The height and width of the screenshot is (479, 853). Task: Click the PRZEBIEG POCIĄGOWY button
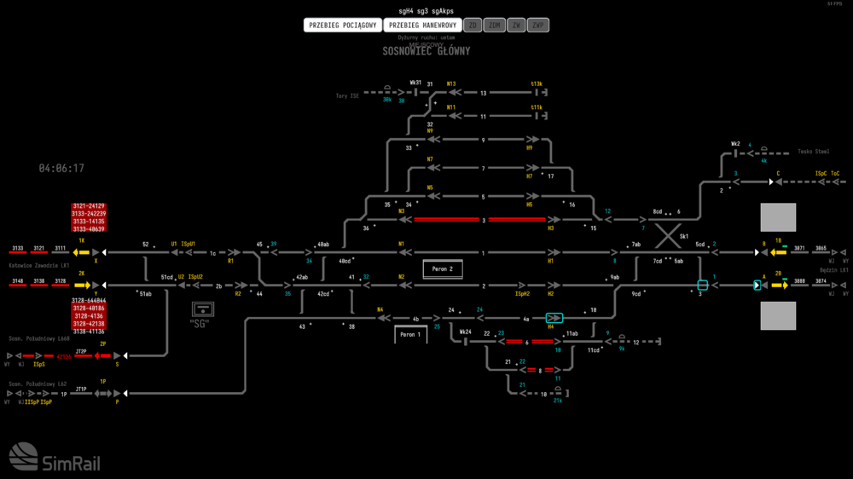(342, 26)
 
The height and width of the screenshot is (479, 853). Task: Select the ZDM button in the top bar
(495, 26)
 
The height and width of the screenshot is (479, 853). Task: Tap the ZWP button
(538, 26)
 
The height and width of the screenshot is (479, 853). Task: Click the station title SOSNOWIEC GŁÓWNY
(426, 51)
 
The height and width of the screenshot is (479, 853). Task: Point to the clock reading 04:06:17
(61, 169)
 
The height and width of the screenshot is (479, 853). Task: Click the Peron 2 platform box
(442, 269)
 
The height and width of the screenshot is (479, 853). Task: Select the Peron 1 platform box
(410, 335)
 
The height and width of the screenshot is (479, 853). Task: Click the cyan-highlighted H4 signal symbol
(554, 318)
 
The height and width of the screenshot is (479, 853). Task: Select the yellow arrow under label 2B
(779, 285)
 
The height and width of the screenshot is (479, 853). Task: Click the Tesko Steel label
(813, 152)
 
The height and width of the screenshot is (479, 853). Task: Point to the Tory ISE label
(347, 96)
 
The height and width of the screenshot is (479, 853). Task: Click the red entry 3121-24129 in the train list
(89, 206)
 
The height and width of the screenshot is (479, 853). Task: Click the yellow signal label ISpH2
(523, 293)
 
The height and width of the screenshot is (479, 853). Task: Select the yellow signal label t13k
(537, 84)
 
